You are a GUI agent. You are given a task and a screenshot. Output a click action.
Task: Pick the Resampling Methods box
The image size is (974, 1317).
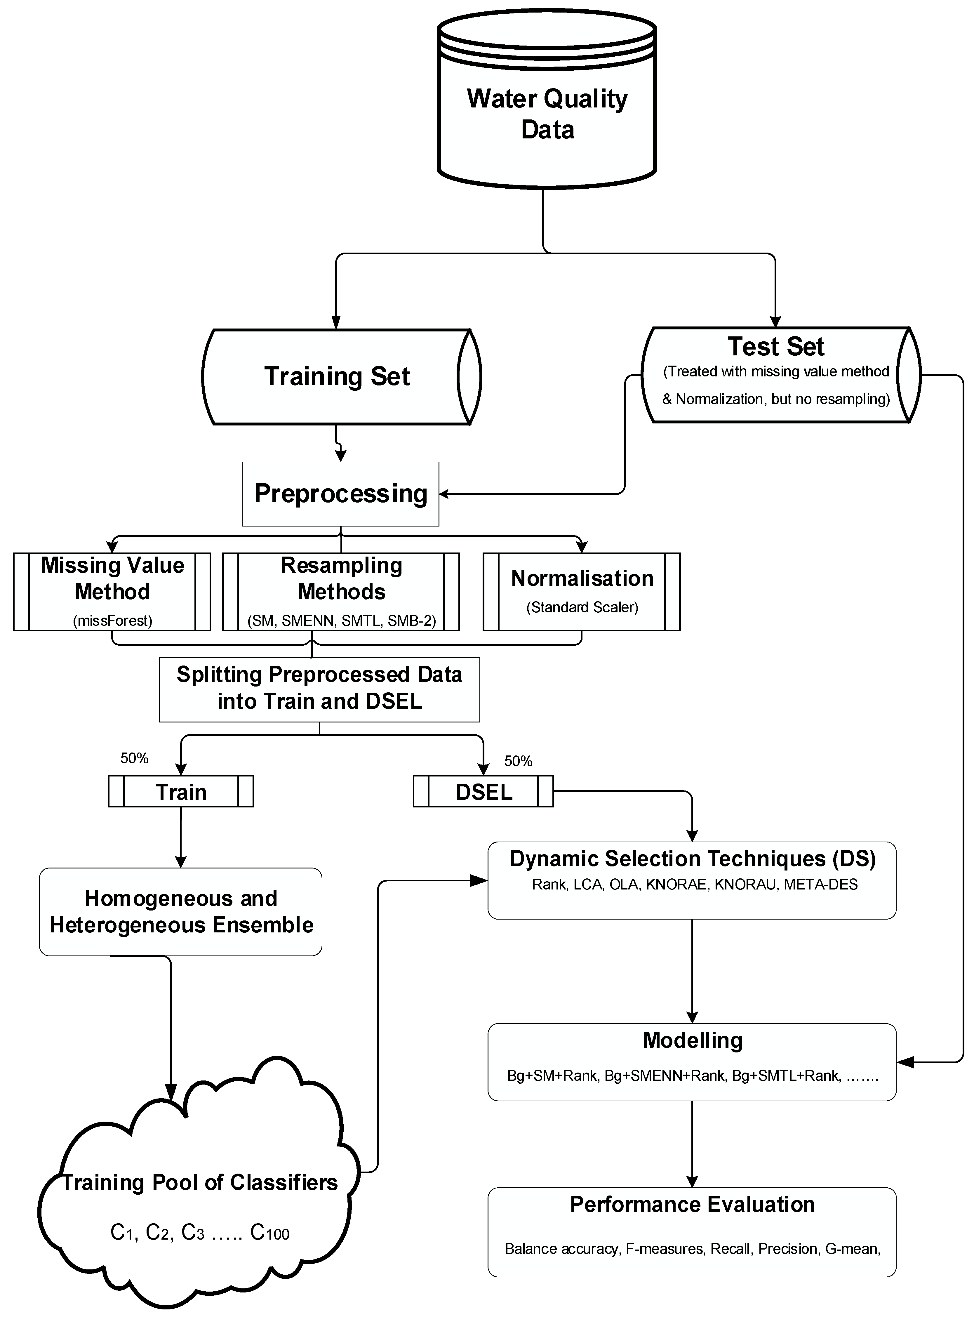[x=341, y=591]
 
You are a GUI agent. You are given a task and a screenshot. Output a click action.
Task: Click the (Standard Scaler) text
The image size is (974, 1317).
[x=582, y=607]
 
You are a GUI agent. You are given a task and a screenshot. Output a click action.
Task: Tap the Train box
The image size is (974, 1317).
[x=181, y=792]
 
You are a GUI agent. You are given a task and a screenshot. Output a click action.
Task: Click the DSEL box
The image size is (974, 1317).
[x=483, y=792]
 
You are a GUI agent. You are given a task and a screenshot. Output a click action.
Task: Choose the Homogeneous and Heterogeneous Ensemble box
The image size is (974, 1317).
[x=181, y=911]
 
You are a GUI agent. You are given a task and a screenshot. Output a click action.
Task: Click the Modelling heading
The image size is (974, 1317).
[x=692, y=1040]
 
